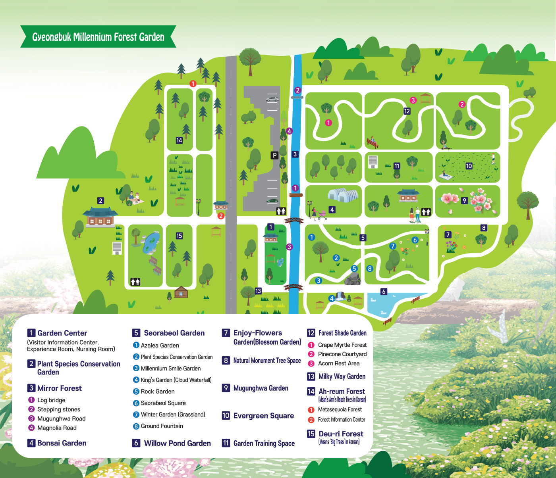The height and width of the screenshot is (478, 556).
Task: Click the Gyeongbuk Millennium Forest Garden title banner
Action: pos(98,37)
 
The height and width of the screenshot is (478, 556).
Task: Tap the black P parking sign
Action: pos(274,155)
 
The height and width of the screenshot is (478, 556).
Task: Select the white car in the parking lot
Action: pos(272,99)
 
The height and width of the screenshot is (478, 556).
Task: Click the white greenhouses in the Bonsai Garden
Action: pos(343,195)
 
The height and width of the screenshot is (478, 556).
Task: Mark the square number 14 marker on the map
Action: pos(179,140)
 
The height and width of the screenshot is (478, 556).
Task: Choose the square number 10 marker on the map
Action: pos(469,166)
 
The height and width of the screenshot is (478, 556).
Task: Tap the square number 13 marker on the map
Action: pos(258,291)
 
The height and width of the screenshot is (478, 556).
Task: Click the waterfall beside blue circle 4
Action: pos(340,296)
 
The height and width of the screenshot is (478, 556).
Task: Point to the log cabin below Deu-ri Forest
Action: pos(181,292)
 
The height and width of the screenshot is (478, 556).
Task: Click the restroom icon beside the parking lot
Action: pos(281,211)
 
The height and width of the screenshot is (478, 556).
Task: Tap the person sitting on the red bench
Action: pos(373,141)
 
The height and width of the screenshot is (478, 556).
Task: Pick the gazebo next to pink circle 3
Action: pos(425,98)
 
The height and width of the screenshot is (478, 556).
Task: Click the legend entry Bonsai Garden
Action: pos(62,443)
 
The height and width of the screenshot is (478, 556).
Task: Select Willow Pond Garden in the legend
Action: pos(177,443)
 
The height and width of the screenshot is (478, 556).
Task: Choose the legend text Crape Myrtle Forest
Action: pos(342,345)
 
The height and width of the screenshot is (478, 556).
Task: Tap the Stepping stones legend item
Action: pos(58,409)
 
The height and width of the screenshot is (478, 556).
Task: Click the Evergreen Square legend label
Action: pos(263,416)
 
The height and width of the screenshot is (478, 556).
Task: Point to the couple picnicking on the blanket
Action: pos(134,198)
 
